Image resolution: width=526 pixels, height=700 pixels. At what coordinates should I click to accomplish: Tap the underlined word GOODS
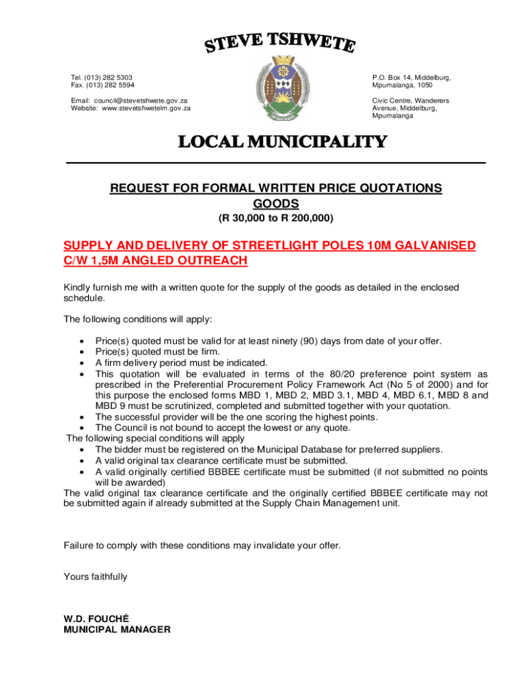pos(276,204)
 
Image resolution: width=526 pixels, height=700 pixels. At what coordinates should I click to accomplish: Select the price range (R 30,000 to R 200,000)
pos(276,219)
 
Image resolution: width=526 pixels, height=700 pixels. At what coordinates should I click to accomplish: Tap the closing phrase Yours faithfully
pos(95,577)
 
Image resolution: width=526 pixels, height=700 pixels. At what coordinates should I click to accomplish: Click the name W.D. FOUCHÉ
pos(92,619)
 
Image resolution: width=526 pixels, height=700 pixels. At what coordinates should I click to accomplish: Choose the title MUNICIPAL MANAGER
pos(117,630)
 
